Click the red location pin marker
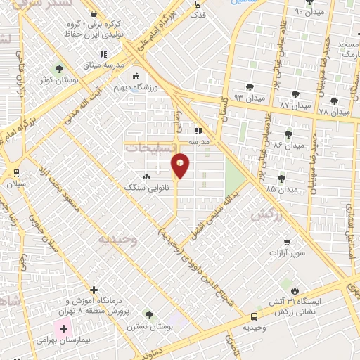click(181, 165)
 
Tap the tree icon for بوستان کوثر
click(58, 70)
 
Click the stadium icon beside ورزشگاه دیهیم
click(135, 77)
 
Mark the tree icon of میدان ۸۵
click(281, 179)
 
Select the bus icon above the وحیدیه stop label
click(254, 316)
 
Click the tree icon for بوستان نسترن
click(148, 314)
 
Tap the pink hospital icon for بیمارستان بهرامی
click(64, 328)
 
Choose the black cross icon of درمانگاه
click(94, 290)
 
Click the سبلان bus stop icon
click(16, 172)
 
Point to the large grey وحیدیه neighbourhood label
click(115, 239)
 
